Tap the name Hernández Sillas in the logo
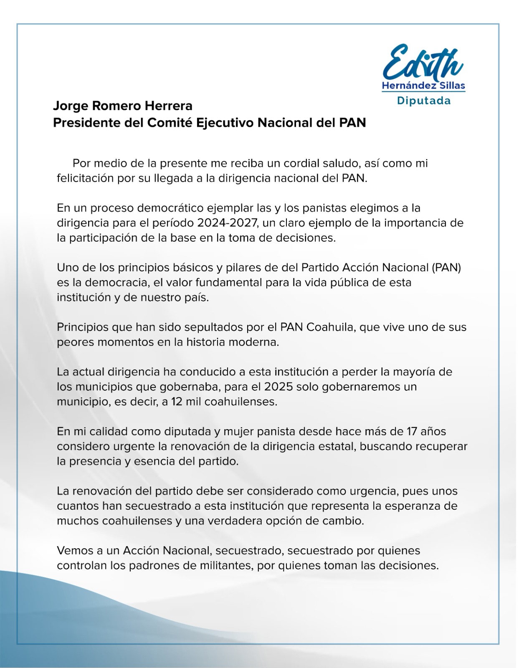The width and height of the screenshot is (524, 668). (x=423, y=86)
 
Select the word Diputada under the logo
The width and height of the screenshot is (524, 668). (x=423, y=101)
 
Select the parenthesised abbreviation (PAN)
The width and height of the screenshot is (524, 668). (x=446, y=268)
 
